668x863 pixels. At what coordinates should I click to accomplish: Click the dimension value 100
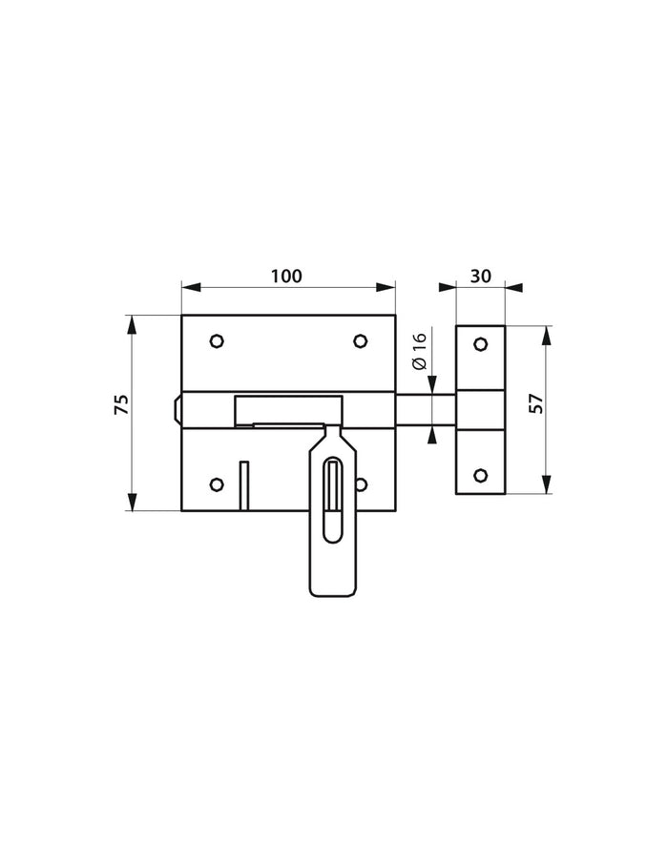[x=286, y=277]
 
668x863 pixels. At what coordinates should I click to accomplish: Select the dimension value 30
[x=481, y=277]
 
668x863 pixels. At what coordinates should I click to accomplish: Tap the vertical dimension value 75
[x=121, y=404]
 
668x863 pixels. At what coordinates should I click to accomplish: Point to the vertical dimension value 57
[x=536, y=404]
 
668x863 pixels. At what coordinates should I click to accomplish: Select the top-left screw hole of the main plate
[x=217, y=340]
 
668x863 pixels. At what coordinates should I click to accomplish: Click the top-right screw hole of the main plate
[x=361, y=340]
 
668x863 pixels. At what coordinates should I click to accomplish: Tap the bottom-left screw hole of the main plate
[x=217, y=483]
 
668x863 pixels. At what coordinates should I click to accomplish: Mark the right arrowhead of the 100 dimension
[x=388, y=285]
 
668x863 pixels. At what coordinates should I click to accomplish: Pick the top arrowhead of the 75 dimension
[x=132, y=322]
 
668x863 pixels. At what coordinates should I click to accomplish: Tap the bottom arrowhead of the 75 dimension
[x=132, y=504]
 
